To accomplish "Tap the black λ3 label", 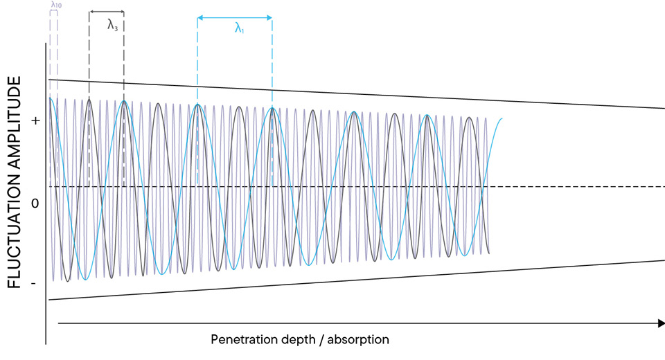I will point(112,25).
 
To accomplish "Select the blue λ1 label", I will point(239,28).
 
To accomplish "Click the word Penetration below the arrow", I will point(243,340).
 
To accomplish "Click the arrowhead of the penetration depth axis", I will point(660,323).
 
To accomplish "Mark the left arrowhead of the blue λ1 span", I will point(199,18).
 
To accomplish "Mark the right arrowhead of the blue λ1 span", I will point(269,18).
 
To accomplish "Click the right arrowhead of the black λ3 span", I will point(122,12).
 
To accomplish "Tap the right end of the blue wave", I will point(502,118).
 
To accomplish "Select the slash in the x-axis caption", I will point(325,340).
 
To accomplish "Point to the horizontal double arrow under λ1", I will point(235,18).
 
